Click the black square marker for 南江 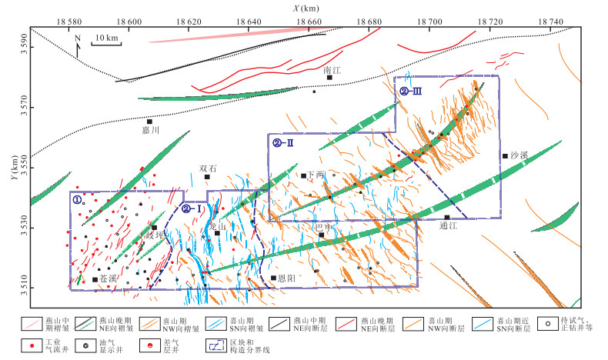click(329, 77)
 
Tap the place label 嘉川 click(150, 131)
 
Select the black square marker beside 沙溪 click(505, 156)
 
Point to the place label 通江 click(448, 226)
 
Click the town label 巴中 click(324, 227)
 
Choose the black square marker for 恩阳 click(274, 278)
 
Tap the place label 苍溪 click(109, 279)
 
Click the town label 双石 click(208, 168)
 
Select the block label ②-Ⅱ click(279, 142)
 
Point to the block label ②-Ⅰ click(191, 208)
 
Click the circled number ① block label click(77, 198)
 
